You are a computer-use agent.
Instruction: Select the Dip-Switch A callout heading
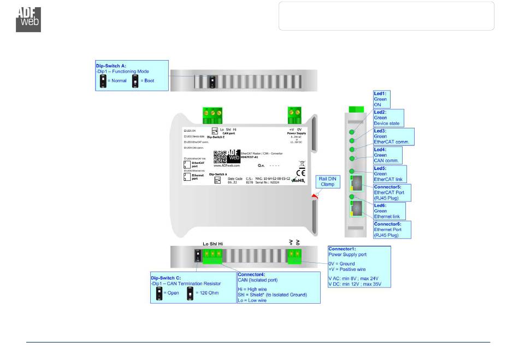(111, 66)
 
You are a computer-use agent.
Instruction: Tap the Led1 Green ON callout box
(380, 99)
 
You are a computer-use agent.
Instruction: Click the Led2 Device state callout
(387, 117)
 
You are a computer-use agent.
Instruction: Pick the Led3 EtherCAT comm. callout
(391, 137)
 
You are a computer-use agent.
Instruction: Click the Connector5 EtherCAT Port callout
(391, 193)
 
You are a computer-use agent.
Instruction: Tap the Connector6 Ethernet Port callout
(391, 230)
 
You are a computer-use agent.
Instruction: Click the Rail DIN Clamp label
(327, 181)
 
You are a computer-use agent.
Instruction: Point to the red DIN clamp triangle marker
(314, 195)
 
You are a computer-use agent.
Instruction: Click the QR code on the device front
(219, 156)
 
